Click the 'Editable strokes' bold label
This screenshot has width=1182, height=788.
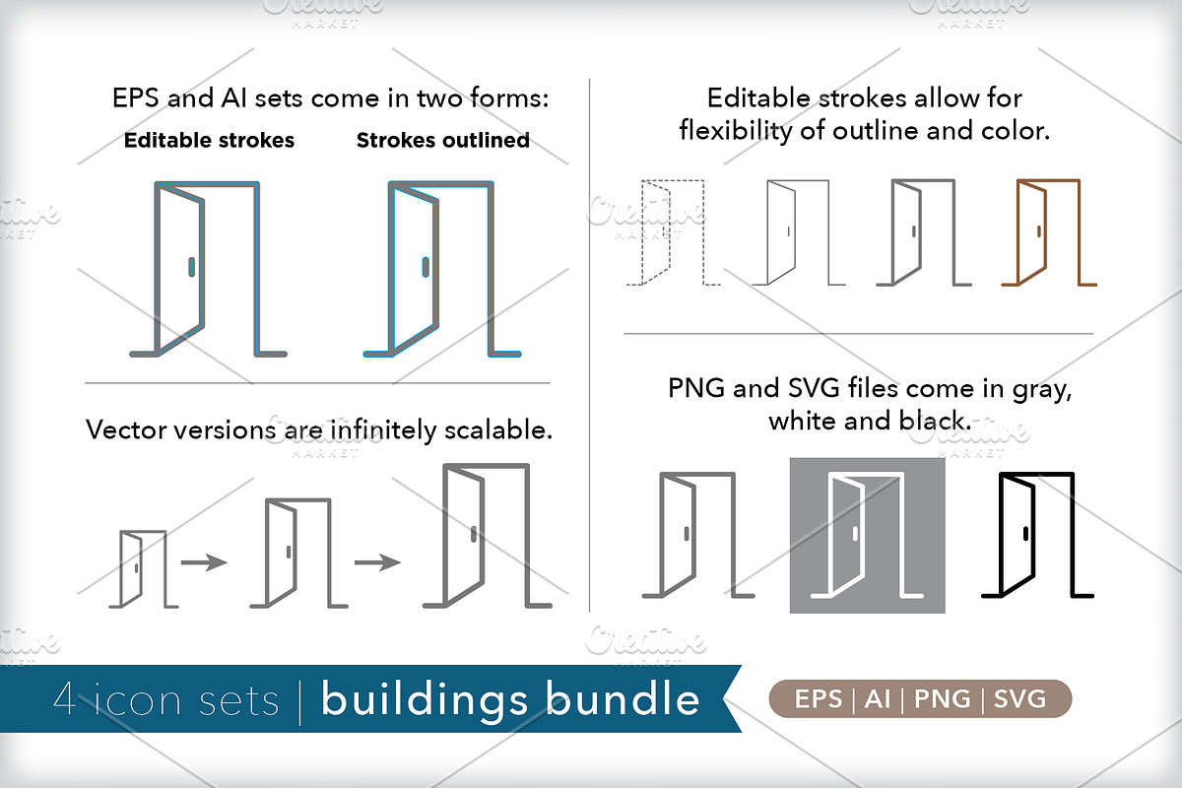[209, 140]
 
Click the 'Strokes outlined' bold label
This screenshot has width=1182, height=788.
[442, 140]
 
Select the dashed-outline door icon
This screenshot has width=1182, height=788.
[674, 233]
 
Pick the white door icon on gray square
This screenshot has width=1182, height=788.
[867, 536]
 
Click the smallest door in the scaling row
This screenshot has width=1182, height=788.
[142, 568]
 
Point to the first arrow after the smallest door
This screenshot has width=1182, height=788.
[204, 562]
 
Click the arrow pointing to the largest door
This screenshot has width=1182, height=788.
[377, 562]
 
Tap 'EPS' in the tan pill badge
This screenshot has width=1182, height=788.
[820, 699]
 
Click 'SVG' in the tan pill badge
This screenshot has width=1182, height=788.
[1020, 699]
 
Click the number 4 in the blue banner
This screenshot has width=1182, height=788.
[67, 700]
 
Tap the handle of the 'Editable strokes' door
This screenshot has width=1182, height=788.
[190, 267]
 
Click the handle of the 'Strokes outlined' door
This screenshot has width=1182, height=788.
[426, 267]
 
